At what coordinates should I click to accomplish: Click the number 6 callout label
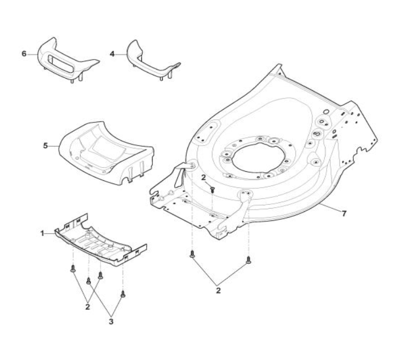(24, 54)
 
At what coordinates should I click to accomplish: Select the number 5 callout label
(45, 144)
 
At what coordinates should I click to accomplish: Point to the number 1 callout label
(42, 233)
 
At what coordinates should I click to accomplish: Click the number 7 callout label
(344, 213)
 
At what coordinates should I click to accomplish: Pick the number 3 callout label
(111, 321)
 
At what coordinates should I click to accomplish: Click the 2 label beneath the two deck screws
(218, 290)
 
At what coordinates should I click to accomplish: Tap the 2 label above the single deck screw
(204, 177)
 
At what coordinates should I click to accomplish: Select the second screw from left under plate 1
(88, 280)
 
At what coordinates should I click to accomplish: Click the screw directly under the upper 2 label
(213, 189)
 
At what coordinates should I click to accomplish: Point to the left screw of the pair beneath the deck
(192, 255)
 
